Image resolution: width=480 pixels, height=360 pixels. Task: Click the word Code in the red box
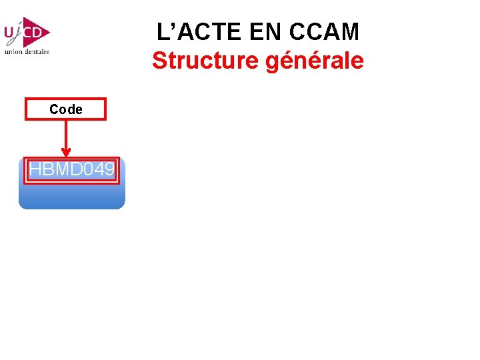[x=65, y=109]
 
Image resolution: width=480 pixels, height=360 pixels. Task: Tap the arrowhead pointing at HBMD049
[x=65, y=153]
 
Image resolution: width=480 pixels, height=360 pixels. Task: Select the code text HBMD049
[x=71, y=170]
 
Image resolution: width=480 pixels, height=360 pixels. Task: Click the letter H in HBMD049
[x=35, y=170]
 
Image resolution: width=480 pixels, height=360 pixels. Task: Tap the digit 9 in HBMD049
[x=109, y=170]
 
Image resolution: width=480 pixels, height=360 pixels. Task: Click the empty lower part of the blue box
[x=71, y=197]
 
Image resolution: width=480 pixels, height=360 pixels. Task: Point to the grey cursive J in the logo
[x=23, y=33]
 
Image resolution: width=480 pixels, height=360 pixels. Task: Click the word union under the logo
[x=13, y=51]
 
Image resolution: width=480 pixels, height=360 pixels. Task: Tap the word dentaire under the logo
[x=37, y=51]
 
